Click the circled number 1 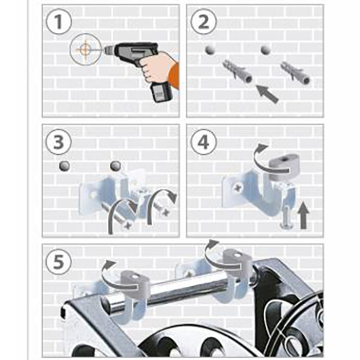58,22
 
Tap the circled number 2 204,22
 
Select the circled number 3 58,142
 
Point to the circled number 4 204,142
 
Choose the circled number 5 58,261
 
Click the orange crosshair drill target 85,50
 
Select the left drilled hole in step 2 210,50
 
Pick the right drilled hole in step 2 266,50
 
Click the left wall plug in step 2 237,71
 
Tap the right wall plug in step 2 296,73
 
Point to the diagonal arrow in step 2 267,94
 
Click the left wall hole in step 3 65,166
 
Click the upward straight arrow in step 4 304,215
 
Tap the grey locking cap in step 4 280,168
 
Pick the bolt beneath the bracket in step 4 286,218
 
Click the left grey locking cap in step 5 135,282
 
